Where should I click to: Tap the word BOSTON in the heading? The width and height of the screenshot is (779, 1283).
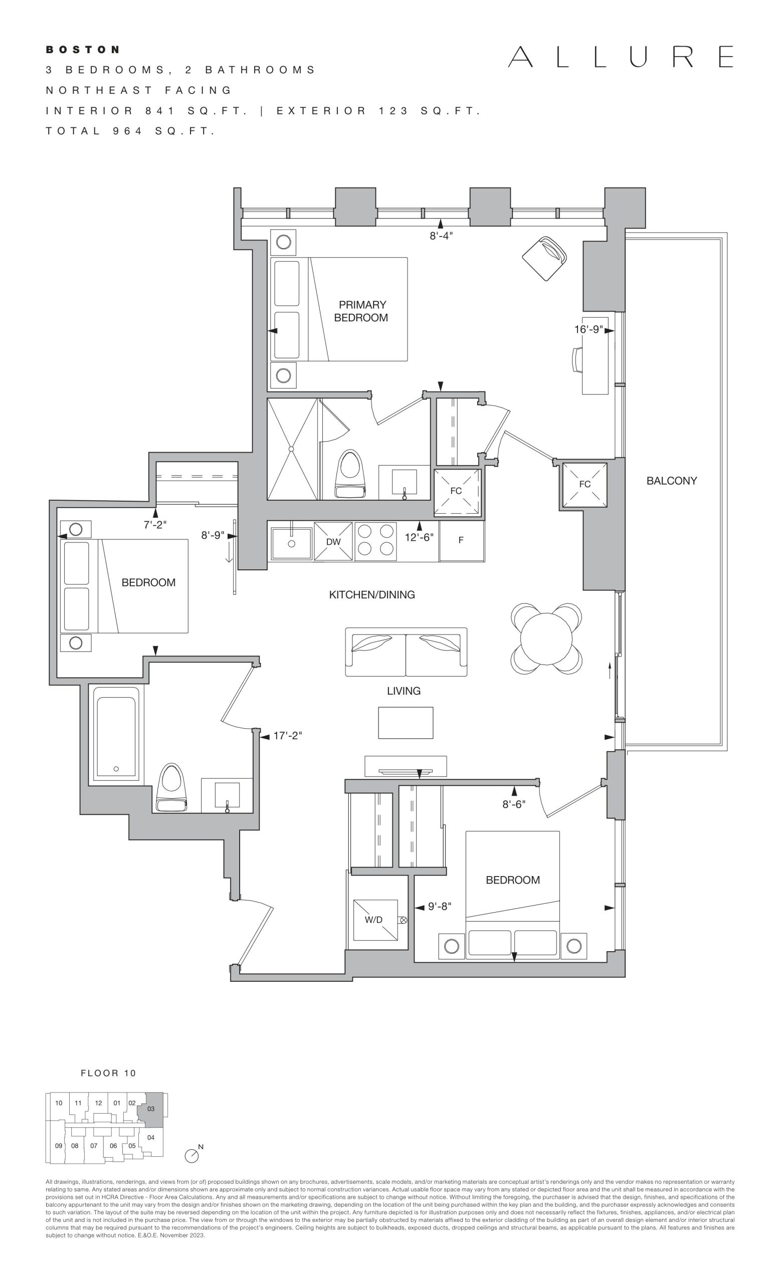pyautogui.click(x=83, y=50)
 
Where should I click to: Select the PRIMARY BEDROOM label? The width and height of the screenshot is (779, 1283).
pyautogui.click(x=361, y=311)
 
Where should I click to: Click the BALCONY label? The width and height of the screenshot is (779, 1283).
pyautogui.click(x=671, y=481)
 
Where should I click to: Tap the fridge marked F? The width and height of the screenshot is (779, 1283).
pyautogui.click(x=461, y=540)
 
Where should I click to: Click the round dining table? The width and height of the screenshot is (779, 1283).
pyautogui.click(x=546, y=638)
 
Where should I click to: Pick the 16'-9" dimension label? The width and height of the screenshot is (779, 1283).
pyautogui.click(x=589, y=330)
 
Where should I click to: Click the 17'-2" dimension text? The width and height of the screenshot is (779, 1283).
pyautogui.click(x=288, y=735)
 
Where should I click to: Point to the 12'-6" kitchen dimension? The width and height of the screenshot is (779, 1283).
pyautogui.click(x=419, y=537)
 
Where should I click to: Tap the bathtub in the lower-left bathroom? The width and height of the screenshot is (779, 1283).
pyautogui.click(x=116, y=735)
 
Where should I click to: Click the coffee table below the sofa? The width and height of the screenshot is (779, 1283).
pyautogui.click(x=406, y=723)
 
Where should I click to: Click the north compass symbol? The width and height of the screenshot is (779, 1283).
pyautogui.click(x=191, y=1155)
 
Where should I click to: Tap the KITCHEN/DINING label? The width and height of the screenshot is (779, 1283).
pyautogui.click(x=372, y=594)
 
